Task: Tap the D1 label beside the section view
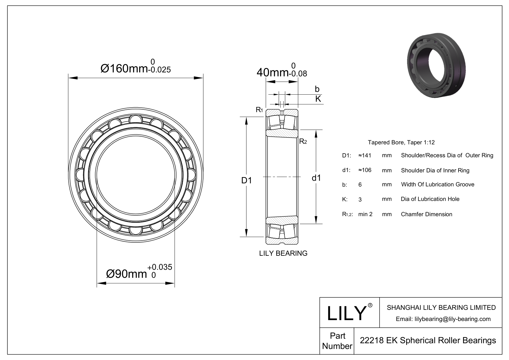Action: point(246,180)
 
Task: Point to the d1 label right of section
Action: point(316,178)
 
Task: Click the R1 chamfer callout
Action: point(259,110)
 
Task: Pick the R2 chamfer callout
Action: point(303,141)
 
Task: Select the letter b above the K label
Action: point(317,89)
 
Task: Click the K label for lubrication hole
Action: point(318,99)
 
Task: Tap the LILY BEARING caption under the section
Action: point(283,253)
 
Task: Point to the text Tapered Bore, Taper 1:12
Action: point(401,142)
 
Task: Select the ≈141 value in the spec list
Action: point(365,155)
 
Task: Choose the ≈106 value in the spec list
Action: point(365,170)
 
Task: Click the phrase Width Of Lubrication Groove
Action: point(437,184)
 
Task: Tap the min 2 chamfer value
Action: point(365,214)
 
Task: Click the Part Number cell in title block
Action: point(337,341)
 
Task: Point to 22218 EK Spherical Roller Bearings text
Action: point(427,340)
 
